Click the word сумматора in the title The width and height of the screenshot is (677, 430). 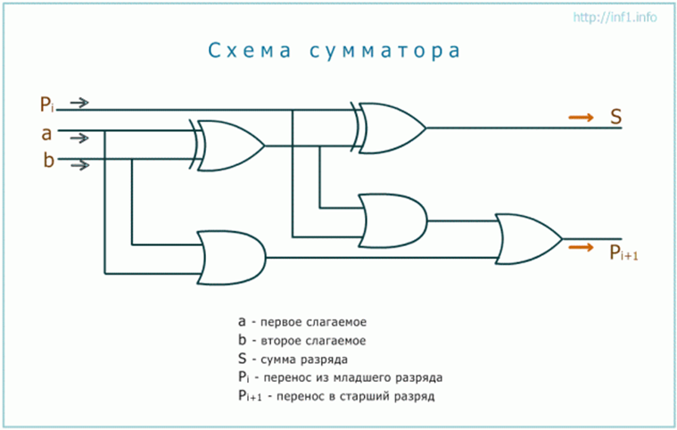(x=388, y=51)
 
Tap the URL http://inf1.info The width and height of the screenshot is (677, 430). (x=616, y=18)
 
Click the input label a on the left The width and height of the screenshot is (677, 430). (x=46, y=135)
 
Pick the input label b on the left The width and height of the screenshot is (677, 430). (x=47, y=161)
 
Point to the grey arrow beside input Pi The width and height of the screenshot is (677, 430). (x=79, y=103)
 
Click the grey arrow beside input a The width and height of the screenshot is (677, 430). (x=79, y=137)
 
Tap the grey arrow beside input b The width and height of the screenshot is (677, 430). (x=79, y=164)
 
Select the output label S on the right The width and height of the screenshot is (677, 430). (x=615, y=117)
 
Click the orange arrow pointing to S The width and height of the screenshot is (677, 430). (x=581, y=117)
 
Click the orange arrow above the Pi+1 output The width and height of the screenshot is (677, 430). (x=581, y=242)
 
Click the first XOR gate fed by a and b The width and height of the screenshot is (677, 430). (x=228, y=145)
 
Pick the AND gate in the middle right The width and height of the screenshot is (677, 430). (x=392, y=219)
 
